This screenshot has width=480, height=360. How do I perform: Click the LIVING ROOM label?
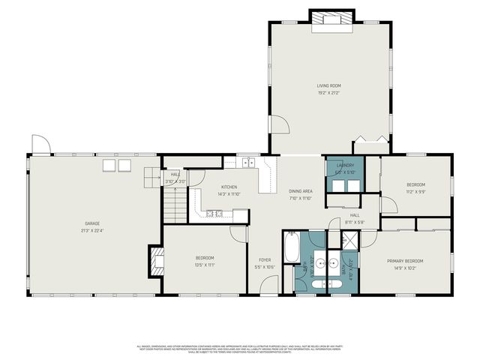[328, 85]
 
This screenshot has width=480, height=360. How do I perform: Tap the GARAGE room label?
[93, 223]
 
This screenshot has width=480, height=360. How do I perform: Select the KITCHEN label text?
[229, 187]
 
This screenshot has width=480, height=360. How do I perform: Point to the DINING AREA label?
[300, 191]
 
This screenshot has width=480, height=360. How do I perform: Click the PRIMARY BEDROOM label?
[406, 261]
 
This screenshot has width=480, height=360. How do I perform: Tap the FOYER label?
[265, 259]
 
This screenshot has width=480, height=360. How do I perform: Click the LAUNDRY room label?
[345, 165]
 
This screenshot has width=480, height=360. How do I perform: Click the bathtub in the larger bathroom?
[291, 247]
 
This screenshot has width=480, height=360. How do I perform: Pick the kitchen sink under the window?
[248, 162]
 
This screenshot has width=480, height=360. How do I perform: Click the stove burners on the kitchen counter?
[214, 214]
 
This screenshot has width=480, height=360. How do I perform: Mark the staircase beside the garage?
[175, 205]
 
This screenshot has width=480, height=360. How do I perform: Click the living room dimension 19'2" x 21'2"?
[328, 93]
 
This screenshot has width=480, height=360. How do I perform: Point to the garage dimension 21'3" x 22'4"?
[93, 230]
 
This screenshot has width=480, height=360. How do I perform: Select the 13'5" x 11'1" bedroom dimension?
[205, 265]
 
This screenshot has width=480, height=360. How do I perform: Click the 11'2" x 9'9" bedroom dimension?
[415, 191]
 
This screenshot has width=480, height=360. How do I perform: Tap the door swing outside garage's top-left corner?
[41, 143]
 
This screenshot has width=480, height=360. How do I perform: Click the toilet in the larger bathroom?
[316, 283]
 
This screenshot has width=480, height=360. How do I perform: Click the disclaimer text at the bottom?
[240, 348]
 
